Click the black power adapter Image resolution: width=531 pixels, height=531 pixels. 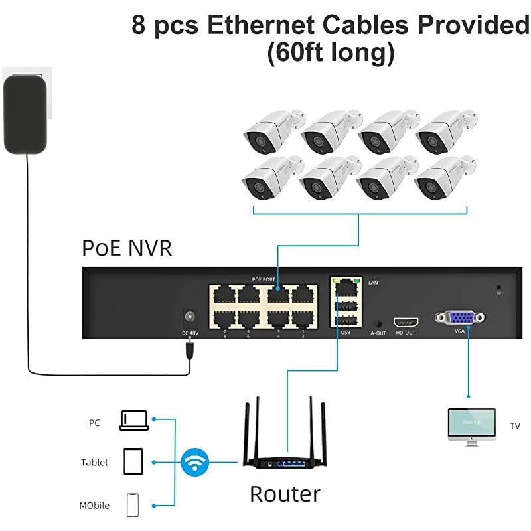27,114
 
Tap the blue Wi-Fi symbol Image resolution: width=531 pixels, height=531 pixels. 194,463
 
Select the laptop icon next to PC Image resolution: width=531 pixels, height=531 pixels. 133,420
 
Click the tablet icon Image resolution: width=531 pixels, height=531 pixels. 133,461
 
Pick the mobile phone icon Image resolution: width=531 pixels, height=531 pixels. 133,505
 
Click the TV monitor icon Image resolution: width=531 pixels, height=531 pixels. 471,425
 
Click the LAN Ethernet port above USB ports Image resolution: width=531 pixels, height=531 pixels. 345,287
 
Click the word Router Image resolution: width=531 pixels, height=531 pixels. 285,494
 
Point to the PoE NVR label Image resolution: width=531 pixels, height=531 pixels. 127,248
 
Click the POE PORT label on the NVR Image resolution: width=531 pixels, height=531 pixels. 263,280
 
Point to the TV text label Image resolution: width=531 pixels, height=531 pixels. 514,426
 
